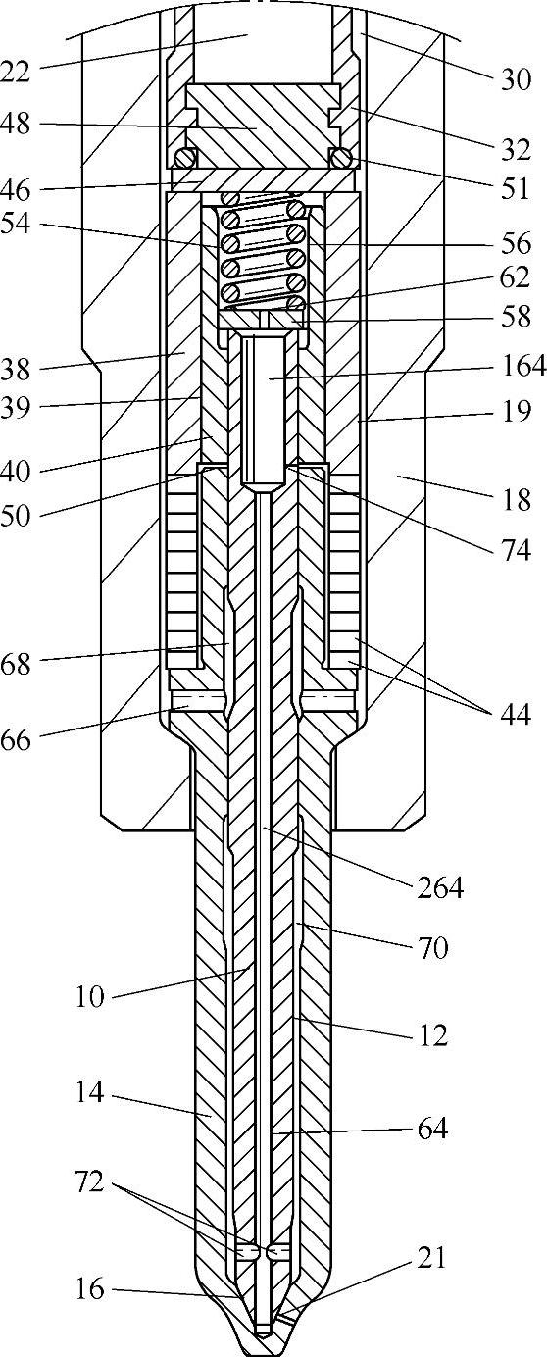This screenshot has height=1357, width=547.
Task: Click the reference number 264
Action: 440,888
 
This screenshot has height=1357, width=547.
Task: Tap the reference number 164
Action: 523,366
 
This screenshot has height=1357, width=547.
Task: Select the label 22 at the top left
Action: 15,73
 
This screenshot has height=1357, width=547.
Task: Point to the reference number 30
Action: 516,79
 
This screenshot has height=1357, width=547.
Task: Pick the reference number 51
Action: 515,188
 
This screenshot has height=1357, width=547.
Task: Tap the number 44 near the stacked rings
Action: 516,714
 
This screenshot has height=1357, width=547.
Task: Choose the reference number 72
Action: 89,1181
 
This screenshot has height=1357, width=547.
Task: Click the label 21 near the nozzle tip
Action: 430,1259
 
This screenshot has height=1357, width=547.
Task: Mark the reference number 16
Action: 89,1289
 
